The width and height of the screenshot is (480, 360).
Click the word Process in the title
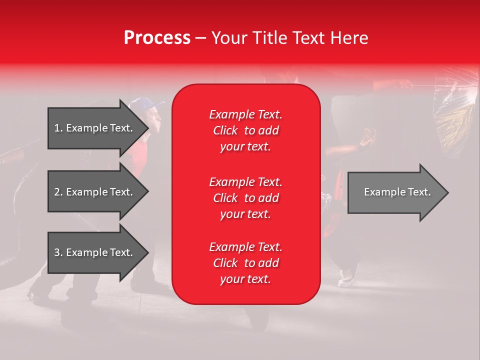pos(157,38)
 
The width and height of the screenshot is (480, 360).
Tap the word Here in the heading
pos(348,38)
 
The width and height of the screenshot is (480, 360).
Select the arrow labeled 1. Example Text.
pos(93,128)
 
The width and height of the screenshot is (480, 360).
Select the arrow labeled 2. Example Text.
pos(93,192)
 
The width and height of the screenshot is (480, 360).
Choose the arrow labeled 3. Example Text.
pos(93,252)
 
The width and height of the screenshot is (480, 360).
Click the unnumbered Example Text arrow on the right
pos(397,192)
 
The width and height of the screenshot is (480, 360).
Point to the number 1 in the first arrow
pos(57,128)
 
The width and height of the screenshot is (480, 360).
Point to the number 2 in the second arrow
pos(57,192)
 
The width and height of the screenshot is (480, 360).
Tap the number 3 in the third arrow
pos(57,252)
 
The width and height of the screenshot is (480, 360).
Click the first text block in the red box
pos(245,130)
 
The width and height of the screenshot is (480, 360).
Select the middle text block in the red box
pos(245,197)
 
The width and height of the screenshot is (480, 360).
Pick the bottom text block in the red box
pos(245,263)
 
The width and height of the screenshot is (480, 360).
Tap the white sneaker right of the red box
pos(346,278)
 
